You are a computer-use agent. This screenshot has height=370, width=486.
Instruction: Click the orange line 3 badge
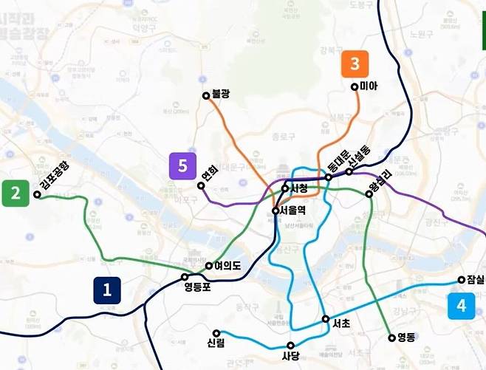click(355, 64)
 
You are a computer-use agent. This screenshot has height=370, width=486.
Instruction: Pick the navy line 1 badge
click(107, 290)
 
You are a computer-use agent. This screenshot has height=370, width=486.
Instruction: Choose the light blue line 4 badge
click(462, 306)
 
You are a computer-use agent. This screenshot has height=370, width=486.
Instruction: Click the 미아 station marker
click(355, 87)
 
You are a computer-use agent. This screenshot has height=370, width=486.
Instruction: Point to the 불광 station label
click(221, 95)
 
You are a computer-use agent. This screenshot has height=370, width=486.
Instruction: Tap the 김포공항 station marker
click(37, 195)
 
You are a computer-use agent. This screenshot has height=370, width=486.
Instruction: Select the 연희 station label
click(210, 175)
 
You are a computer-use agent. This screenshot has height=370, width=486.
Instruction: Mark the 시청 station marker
click(285, 188)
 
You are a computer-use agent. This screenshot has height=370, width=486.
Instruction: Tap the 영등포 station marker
click(186, 278)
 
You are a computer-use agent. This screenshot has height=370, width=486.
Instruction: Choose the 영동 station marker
click(392, 338)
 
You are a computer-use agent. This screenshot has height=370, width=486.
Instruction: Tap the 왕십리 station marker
click(369, 194)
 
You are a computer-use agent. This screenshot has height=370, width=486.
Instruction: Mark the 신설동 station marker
click(349, 171)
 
